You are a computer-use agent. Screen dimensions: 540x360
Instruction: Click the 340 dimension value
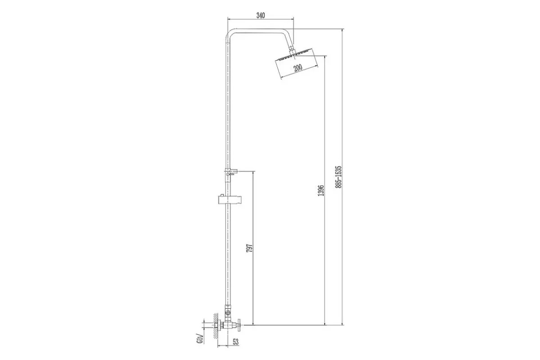[x=261, y=16]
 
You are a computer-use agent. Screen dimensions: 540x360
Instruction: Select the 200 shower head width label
[x=298, y=67]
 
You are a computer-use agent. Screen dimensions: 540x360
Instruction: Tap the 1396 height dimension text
[x=321, y=190]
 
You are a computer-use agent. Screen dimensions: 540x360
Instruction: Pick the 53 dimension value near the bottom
[x=235, y=342]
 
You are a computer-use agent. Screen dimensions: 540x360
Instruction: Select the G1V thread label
[x=200, y=338]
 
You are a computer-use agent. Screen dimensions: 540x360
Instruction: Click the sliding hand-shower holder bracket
[x=230, y=200]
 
